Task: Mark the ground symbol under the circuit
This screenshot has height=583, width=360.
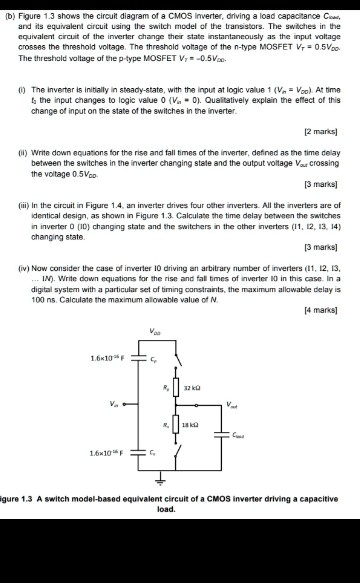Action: pyautogui.click(x=180, y=488)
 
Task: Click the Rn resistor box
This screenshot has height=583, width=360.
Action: pyautogui.click(x=180, y=428)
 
